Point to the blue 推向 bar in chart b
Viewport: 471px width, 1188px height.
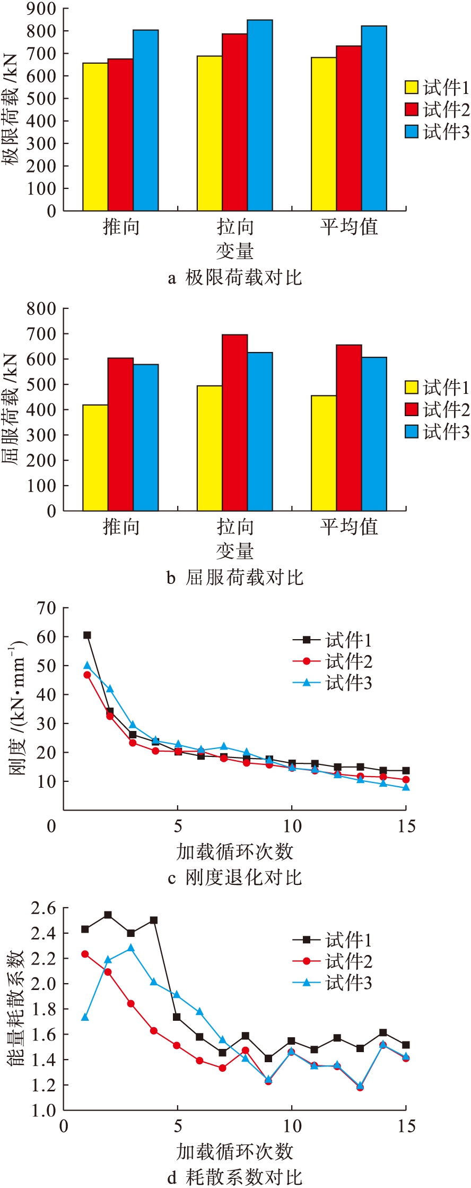point(146,437)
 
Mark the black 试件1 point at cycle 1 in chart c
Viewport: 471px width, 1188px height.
point(87,635)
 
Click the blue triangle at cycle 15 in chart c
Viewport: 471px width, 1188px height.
point(406,787)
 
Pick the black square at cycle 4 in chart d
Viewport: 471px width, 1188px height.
point(154,920)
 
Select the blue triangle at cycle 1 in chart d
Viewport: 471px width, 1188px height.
point(85,1017)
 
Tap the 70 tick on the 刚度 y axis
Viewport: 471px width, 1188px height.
point(46,608)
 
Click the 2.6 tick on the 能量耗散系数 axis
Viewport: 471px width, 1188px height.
point(43,908)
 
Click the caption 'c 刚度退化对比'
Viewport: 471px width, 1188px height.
point(235,877)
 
